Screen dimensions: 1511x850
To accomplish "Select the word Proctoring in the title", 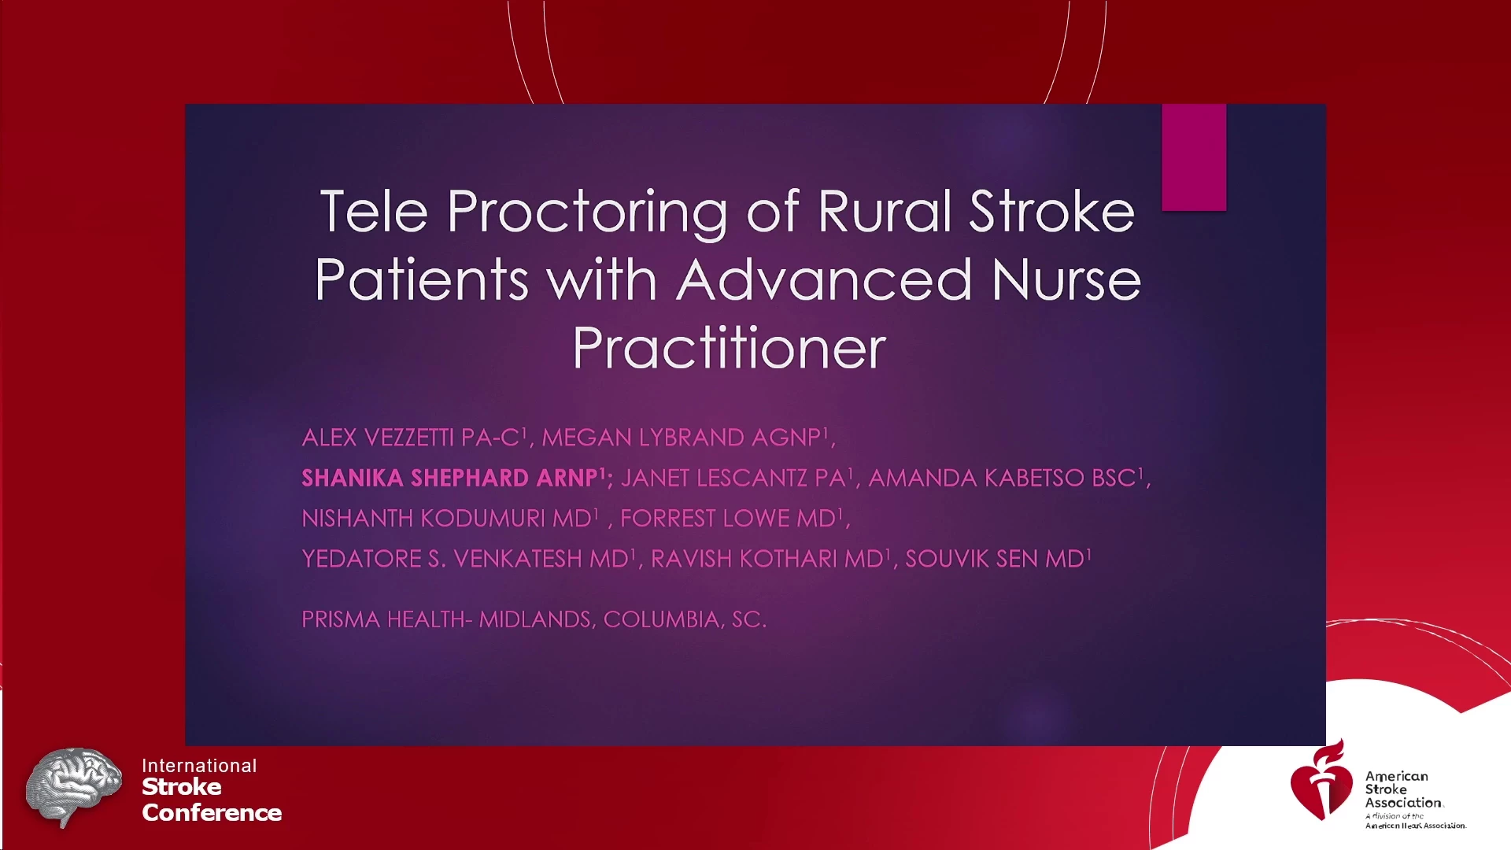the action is point(587,214).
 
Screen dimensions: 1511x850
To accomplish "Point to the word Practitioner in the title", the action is point(730,348).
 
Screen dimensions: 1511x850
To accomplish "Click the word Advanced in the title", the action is point(824,279).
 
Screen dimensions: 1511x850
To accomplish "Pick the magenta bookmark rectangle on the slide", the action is point(1194,157).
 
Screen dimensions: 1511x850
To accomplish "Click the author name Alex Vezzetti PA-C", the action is point(413,437).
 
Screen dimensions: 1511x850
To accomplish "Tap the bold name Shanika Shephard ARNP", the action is point(453,477).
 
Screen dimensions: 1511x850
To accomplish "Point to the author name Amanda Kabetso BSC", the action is point(1005,477).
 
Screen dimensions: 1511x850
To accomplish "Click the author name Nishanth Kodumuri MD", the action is point(449,518).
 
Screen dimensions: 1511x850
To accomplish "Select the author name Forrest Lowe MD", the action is point(731,518).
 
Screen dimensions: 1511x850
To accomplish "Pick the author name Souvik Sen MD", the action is point(998,558).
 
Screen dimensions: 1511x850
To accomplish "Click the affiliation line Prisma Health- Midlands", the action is point(446,619).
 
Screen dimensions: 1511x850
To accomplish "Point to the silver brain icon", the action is point(73,785).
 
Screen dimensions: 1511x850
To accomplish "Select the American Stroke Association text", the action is point(1404,789).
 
